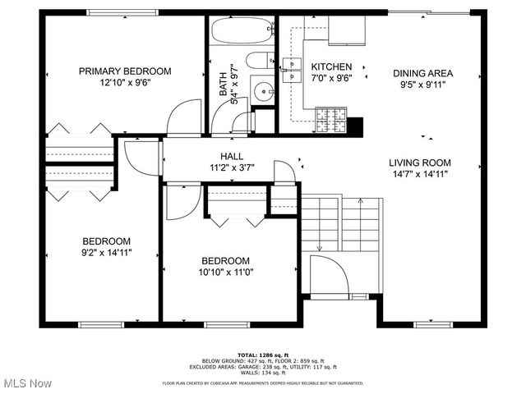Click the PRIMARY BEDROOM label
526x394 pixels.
pyautogui.click(x=125, y=71)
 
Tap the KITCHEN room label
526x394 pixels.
pyautogui.click(x=332, y=66)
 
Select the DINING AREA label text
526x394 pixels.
pyautogui.click(x=422, y=73)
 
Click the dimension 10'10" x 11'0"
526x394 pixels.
pyautogui.click(x=225, y=273)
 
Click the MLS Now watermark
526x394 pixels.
pyautogui.click(x=26, y=383)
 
